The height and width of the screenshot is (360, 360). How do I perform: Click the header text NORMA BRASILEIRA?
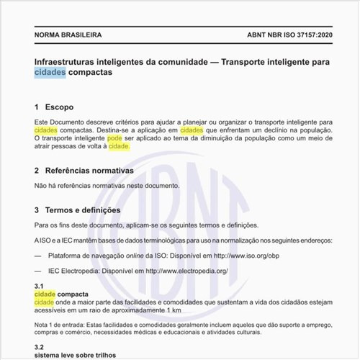click(68, 35)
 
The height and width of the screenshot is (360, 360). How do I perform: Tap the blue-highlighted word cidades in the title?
click(50, 73)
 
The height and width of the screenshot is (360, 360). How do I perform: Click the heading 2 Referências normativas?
click(84, 171)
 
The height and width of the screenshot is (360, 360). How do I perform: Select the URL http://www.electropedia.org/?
click(186, 271)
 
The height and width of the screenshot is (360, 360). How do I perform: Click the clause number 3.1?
click(40, 287)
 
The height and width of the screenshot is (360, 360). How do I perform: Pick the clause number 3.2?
click(40, 346)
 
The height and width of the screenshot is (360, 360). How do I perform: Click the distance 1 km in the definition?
click(172, 310)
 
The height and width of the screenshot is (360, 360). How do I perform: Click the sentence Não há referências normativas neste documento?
click(107, 186)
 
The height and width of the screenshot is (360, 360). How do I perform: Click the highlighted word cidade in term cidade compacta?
click(45, 294)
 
